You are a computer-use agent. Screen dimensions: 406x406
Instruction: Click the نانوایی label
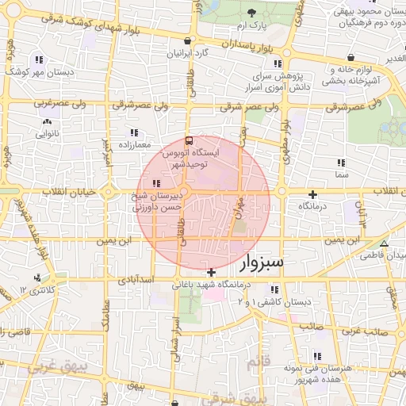click(x=48, y=134)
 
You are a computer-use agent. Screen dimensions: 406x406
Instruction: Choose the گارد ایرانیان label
click(x=187, y=53)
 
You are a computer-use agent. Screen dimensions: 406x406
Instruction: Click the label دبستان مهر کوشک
click(x=39, y=71)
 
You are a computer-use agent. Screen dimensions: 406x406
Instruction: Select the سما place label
click(x=342, y=173)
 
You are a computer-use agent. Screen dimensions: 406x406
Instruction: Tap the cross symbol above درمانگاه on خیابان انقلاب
click(x=313, y=194)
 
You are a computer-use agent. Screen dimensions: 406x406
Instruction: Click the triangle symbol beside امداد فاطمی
click(x=385, y=244)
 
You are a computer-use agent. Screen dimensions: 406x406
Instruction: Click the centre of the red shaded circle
click(x=203, y=202)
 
